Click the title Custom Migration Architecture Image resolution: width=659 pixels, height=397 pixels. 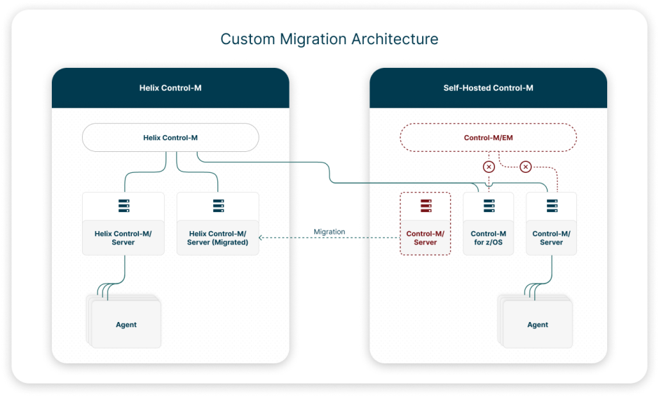point(329,39)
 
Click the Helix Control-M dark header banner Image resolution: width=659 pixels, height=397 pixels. point(170,88)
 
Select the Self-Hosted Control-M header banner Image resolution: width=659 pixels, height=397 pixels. point(488,88)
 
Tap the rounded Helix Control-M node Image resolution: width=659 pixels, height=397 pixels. point(170,138)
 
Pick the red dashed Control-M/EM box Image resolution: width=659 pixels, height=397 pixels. point(488,138)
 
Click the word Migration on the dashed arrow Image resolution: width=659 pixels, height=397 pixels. point(329,232)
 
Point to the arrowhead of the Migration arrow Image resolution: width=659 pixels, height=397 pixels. point(261,238)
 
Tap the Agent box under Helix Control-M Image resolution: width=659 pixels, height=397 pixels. point(126,325)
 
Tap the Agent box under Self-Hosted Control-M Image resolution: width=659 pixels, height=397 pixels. point(538,325)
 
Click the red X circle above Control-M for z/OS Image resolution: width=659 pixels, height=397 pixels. point(489,167)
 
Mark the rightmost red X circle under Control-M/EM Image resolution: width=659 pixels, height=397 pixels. point(526,167)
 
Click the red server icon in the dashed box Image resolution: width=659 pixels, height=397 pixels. point(426,206)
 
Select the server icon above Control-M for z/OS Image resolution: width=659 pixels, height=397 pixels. point(489,206)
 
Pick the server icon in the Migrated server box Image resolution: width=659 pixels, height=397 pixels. point(218,206)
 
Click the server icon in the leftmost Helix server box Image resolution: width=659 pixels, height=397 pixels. point(123,206)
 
